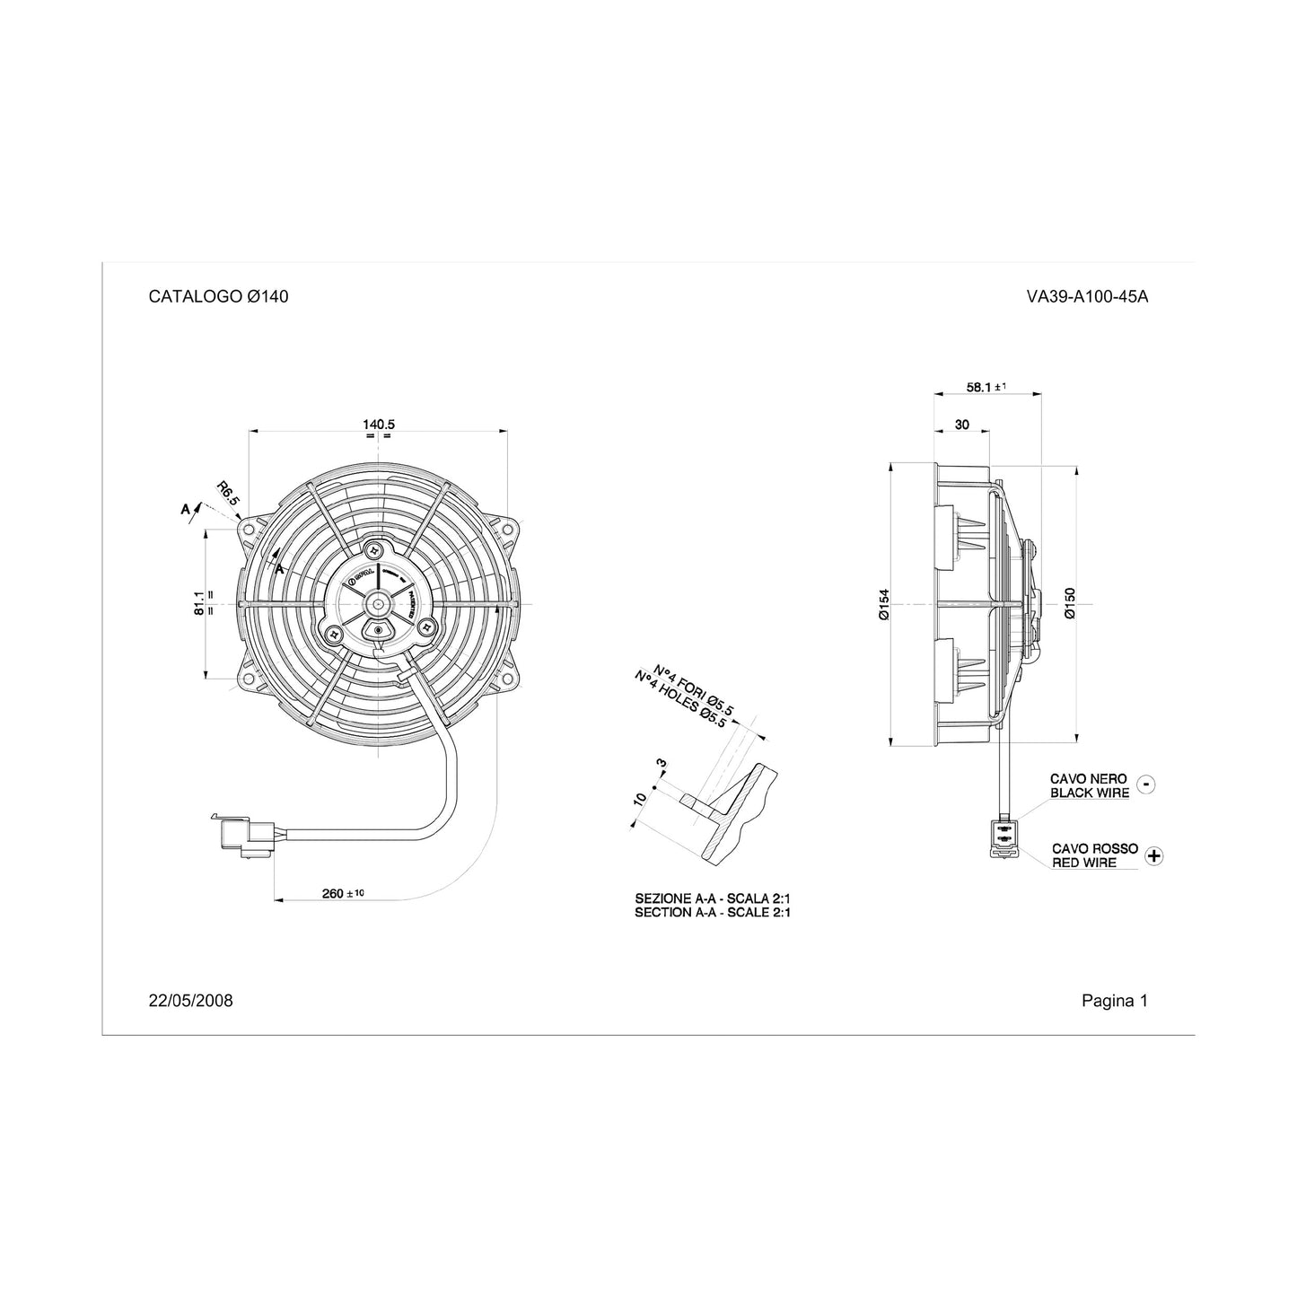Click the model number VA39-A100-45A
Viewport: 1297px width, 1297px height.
tap(1087, 296)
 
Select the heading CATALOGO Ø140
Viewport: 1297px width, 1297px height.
tap(218, 296)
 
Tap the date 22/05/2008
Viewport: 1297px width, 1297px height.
tap(190, 1001)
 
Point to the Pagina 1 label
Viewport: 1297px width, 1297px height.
tap(1115, 1001)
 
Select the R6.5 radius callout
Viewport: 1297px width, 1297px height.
tap(228, 494)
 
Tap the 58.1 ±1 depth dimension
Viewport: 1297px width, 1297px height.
tap(986, 387)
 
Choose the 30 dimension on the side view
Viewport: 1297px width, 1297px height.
tap(961, 425)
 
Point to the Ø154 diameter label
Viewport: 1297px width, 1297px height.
tap(883, 604)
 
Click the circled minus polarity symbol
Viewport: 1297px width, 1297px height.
tap(1146, 784)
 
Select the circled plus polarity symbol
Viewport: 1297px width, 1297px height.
tap(1154, 855)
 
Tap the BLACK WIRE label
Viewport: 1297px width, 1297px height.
tap(1090, 793)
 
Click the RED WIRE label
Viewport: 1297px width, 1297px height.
tap(1084, 863)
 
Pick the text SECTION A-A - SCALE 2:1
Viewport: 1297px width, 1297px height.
tap(712, 912)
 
